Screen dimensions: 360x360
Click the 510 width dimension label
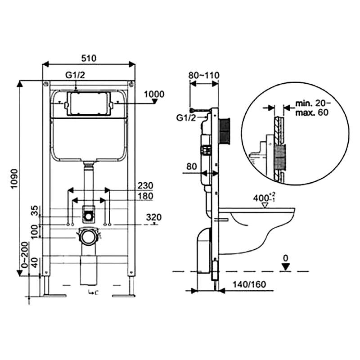(89, 58)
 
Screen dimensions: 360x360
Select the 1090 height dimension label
(14, 179)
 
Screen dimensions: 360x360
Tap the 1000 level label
(154, 94)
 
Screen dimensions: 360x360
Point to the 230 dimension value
(145, 185)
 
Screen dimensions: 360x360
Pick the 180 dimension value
(145, 196)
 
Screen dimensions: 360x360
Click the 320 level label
(154, 217)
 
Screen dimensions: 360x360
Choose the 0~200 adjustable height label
(25, 255)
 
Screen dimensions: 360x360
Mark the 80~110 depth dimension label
(204, 75)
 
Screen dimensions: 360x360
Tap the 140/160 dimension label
(249, 284)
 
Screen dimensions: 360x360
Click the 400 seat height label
(264, 198)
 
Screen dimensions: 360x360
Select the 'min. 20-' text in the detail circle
(313, 103)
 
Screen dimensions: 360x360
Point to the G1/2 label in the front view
(75, 75)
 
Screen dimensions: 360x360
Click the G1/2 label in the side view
(186, 118)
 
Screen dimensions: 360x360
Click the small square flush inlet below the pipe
(88, 214)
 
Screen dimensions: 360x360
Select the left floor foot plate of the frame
(55, 296)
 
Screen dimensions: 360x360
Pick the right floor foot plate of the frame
(123, 296)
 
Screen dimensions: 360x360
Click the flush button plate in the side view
(225, 131)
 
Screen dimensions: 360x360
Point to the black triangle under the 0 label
(286, 267)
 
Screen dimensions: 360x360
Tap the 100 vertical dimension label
(34, 231)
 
